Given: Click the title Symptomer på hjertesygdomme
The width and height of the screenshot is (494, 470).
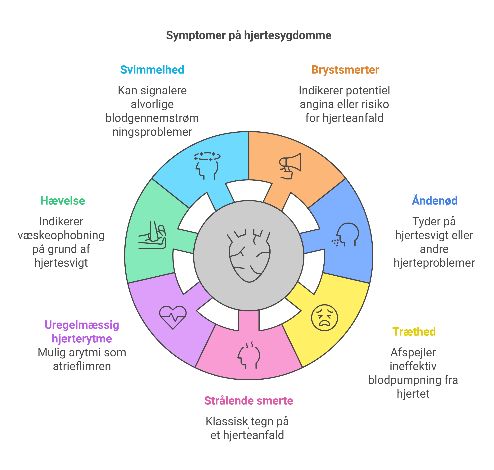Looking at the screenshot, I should coord(249,35).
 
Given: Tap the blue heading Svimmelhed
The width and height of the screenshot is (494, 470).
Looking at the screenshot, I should coord(152,70).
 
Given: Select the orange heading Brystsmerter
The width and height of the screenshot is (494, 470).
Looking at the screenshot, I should coord(345,70).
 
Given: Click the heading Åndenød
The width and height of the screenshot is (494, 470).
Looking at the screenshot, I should coord(435,201).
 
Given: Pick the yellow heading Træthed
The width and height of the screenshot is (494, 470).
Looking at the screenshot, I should coord(414,332).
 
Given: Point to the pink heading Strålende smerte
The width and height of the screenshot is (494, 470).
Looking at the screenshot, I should coord(249,401).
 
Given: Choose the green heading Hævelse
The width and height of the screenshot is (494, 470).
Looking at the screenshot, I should coord(63,201).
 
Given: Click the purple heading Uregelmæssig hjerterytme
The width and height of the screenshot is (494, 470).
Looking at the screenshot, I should coord(82,332).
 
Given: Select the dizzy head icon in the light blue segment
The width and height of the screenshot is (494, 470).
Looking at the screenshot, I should coord(207,165).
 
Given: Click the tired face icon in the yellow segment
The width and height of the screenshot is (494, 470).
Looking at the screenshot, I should coord(324,318).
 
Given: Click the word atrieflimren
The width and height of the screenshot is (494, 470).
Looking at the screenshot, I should coord(82,366).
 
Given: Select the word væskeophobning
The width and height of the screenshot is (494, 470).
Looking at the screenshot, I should coord(61,235).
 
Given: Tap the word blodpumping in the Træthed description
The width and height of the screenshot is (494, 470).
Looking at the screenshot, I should coord(405,380).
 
